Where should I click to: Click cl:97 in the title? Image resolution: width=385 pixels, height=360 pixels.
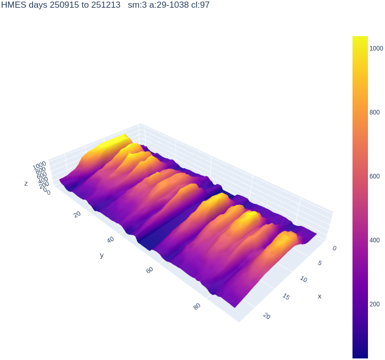click(200, 5)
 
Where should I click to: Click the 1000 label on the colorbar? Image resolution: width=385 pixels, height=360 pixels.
click(376, 48)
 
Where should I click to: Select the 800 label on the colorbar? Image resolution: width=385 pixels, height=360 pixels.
click(375, 112)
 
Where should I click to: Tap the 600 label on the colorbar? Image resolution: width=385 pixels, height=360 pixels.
click(375, 176)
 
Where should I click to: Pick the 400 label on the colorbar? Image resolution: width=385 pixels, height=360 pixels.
click(375, 240)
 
